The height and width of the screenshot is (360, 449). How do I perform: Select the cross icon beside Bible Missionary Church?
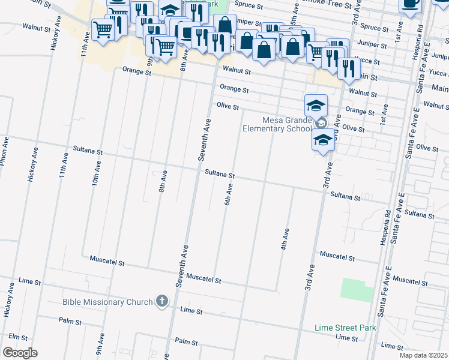point(161,301)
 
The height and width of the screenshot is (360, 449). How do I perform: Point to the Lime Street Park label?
point(346,328)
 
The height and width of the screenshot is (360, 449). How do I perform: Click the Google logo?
point(20,353)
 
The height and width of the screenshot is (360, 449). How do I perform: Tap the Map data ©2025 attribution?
point(424,355)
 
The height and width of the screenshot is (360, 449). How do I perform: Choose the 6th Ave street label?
point(229,194)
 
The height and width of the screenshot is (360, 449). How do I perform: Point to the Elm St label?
point(19,338)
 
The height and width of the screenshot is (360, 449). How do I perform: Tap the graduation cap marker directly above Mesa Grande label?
point(316,106)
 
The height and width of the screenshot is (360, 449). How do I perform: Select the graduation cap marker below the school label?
point(323,140)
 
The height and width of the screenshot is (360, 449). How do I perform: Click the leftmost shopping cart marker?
point(103,29)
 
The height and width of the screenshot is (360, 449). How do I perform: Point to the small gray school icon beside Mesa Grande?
point(321,124)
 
